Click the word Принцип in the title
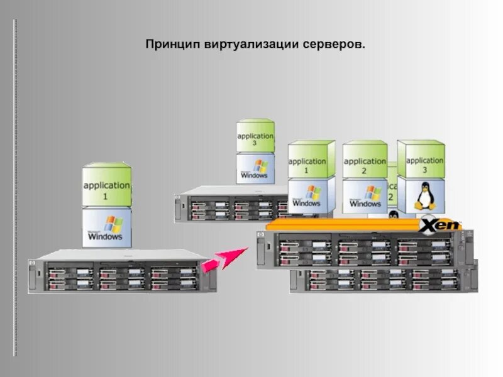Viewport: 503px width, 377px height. [x=170, y=45]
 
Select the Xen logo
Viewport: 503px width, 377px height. [x=440, y=224]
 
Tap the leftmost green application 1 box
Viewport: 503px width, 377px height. [x=107, y=186]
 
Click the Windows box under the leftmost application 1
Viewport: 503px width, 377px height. [x=107, y=228]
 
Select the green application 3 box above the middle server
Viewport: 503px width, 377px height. [x=255, y=136]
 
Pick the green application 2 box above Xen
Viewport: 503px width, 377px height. [x=365, y=160]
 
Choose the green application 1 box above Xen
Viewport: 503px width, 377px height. [x=311, y=160]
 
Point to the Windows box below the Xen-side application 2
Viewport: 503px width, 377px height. [x=365, y=196]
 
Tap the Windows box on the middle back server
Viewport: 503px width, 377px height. [x=255, y=168]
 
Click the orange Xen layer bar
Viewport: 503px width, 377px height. [x=343, y=225]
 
